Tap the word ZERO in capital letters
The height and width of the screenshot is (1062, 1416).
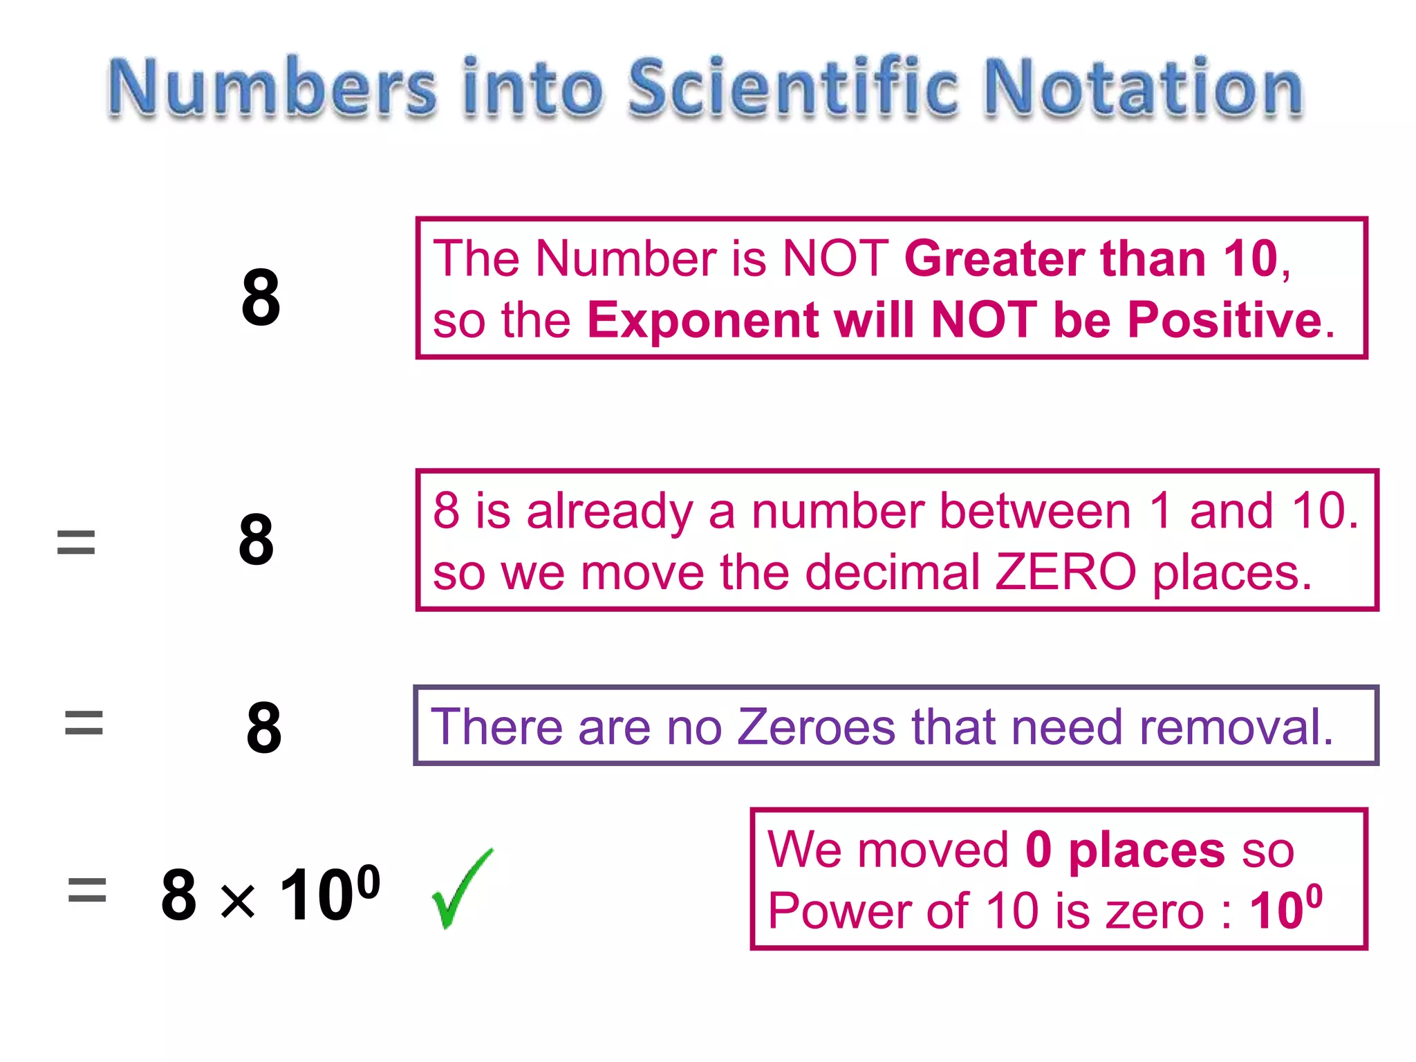(1065, 572)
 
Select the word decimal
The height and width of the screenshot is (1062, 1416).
(893, 572)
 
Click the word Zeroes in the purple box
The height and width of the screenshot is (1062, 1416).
(817, 727)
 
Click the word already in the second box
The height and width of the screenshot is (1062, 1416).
(609, 512)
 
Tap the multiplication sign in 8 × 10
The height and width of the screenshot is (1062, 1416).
(238, 902)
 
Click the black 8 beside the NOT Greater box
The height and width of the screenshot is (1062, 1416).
(261, 297)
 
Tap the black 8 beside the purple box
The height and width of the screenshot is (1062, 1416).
(263, 727)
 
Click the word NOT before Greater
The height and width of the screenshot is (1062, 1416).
(835, 259)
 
